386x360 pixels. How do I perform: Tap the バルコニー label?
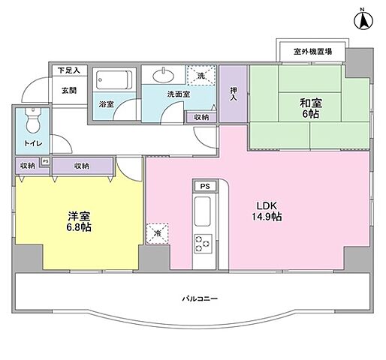201,298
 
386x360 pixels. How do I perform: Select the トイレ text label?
32,142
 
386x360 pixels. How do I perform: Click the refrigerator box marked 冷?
158,232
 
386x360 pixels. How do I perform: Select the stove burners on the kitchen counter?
204,243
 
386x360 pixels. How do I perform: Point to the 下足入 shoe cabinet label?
69,70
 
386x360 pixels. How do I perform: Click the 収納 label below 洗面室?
201,117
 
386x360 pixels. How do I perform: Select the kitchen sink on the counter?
204,212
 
